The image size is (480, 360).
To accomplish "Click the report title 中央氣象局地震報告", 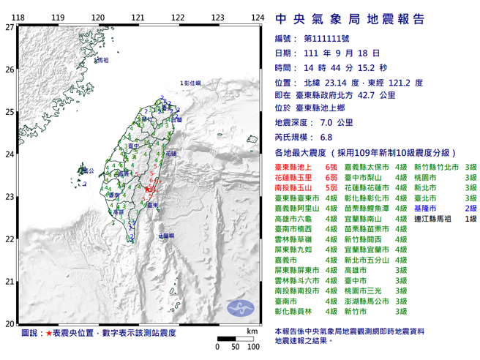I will point(350,20).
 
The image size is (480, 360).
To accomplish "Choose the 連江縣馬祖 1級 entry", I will point(446,219).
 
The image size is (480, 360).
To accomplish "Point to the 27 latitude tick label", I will point(9,27).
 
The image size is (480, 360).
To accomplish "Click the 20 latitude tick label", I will point(9,324).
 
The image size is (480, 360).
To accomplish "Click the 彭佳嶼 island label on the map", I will point(192,85).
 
